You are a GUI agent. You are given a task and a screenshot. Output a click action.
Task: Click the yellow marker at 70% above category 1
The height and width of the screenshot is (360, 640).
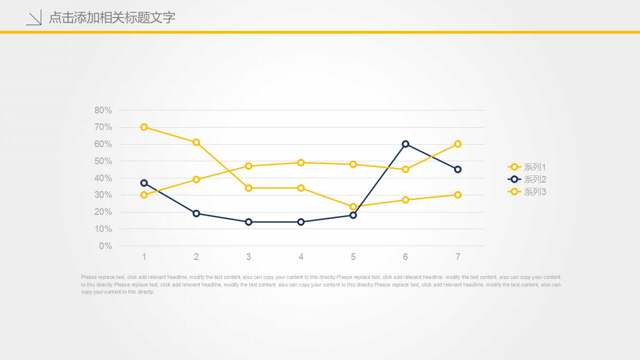[x=144, y=127]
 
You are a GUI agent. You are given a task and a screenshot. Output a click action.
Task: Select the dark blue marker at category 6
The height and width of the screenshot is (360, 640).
[x=405, y=144]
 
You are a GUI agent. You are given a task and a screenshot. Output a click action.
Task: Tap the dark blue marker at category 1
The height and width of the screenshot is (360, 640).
[x=144, y=183]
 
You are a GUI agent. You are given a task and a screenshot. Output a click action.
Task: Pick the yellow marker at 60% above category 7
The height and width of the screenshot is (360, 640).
[x=458, y=144]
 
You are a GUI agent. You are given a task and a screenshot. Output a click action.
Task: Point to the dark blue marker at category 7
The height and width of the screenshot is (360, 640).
[x=458, y=169]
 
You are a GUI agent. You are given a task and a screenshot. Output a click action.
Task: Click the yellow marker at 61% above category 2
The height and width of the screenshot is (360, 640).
[x=196, y=142]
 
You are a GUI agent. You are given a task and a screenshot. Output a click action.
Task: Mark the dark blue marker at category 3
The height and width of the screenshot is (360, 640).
[x=248, y=222]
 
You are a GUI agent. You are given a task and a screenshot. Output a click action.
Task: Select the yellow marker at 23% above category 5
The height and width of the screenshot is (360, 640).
[x=353, y=207]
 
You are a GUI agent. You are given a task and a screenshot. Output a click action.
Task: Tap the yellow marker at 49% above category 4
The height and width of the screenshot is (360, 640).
[x=301, y=163]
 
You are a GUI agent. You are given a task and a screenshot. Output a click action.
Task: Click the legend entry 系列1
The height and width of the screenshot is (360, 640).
[x=527, y=167]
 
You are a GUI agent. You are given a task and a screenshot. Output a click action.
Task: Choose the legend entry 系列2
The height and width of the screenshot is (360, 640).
[x=527, y=179]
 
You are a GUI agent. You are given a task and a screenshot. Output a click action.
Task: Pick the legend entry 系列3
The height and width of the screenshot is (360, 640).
[x=527, y=192]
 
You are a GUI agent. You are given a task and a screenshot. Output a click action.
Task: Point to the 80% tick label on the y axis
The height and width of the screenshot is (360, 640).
[x=103, y=111]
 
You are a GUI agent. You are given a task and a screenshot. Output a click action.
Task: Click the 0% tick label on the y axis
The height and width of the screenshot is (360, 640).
[x=106, y=246]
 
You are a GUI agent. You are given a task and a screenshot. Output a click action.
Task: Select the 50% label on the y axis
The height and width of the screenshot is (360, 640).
[x=103, y=161]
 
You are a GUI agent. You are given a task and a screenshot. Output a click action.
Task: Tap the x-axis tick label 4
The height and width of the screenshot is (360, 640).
[x=301, y=257]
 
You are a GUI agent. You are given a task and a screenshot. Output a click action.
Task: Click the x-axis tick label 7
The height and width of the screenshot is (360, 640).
[x=458, y=257]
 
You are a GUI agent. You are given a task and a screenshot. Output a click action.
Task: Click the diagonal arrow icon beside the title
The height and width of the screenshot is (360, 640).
[x=34, y=18]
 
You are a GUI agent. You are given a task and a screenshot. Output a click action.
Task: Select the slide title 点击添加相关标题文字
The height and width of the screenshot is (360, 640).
[x=112, y=18]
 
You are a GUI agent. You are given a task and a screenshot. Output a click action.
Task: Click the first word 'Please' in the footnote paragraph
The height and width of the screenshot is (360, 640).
[x=88, y=277]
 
